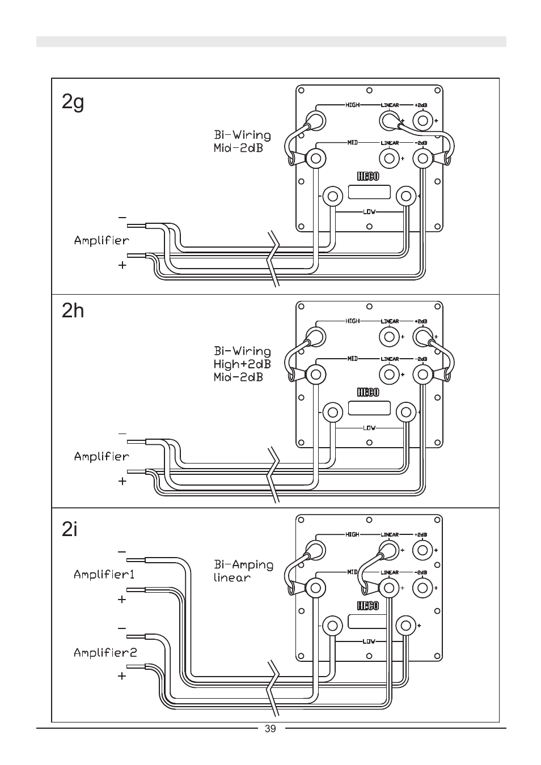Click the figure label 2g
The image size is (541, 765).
(x=73, y=102)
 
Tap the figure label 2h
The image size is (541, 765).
(x=73, y=311)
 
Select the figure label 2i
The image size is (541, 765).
(x=69, y=529)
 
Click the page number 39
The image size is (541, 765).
(x=270, y=729)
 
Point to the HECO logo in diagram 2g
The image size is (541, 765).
(x=368, y=176)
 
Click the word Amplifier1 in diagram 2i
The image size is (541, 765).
(x=104, y=575)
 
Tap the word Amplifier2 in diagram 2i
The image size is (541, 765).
(x=105, y=653)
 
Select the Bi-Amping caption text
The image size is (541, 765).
(x=244, y=565)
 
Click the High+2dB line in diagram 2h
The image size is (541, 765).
(x=242, y=364)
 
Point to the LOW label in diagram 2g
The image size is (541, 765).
(x=369, y=212)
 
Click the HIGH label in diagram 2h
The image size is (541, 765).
(x=352, y=321)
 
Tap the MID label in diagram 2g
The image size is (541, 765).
(x=352, y=142)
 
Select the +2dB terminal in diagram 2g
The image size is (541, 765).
(x=422, y=121)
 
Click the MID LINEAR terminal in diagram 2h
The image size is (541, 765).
(x=389, y=375)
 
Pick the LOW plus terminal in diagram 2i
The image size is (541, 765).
(x=406, y=626)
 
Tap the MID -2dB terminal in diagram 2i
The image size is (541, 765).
(x=422, y=588)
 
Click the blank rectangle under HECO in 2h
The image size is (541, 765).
(x=369, y=408)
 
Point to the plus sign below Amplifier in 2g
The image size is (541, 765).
(x=122, y=265)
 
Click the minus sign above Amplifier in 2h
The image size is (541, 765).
(x=122, y=433)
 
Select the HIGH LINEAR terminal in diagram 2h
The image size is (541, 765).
(x=389, y=337)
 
